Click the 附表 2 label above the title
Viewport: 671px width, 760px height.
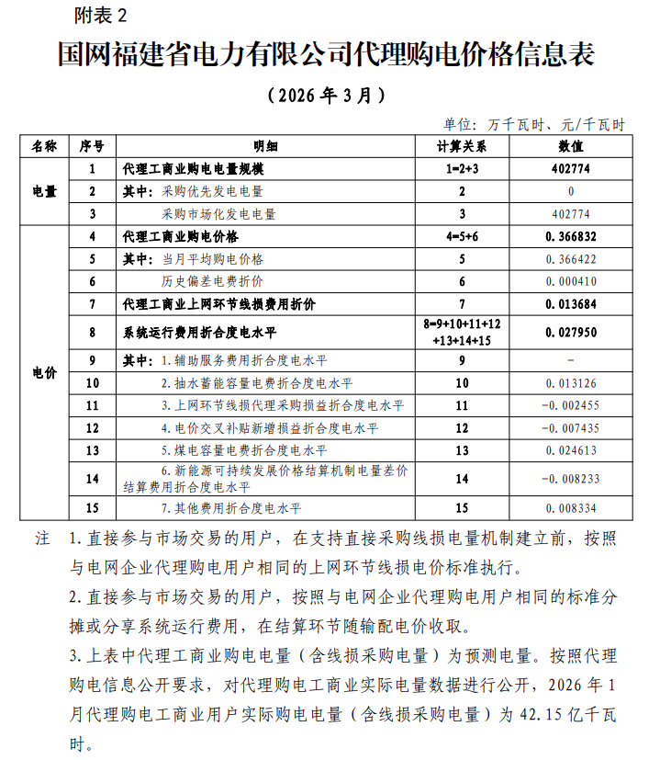point(105,16)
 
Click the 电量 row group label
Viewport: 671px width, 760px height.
point(45,192)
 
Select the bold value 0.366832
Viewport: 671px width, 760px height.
point(570,236)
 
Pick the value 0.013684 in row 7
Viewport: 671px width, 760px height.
point(570,303)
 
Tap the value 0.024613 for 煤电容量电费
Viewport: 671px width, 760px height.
point(570,450)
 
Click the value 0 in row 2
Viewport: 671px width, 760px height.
point(570,191)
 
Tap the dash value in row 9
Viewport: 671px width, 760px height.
point(570,360)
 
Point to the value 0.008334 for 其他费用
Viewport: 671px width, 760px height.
point(570,507)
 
